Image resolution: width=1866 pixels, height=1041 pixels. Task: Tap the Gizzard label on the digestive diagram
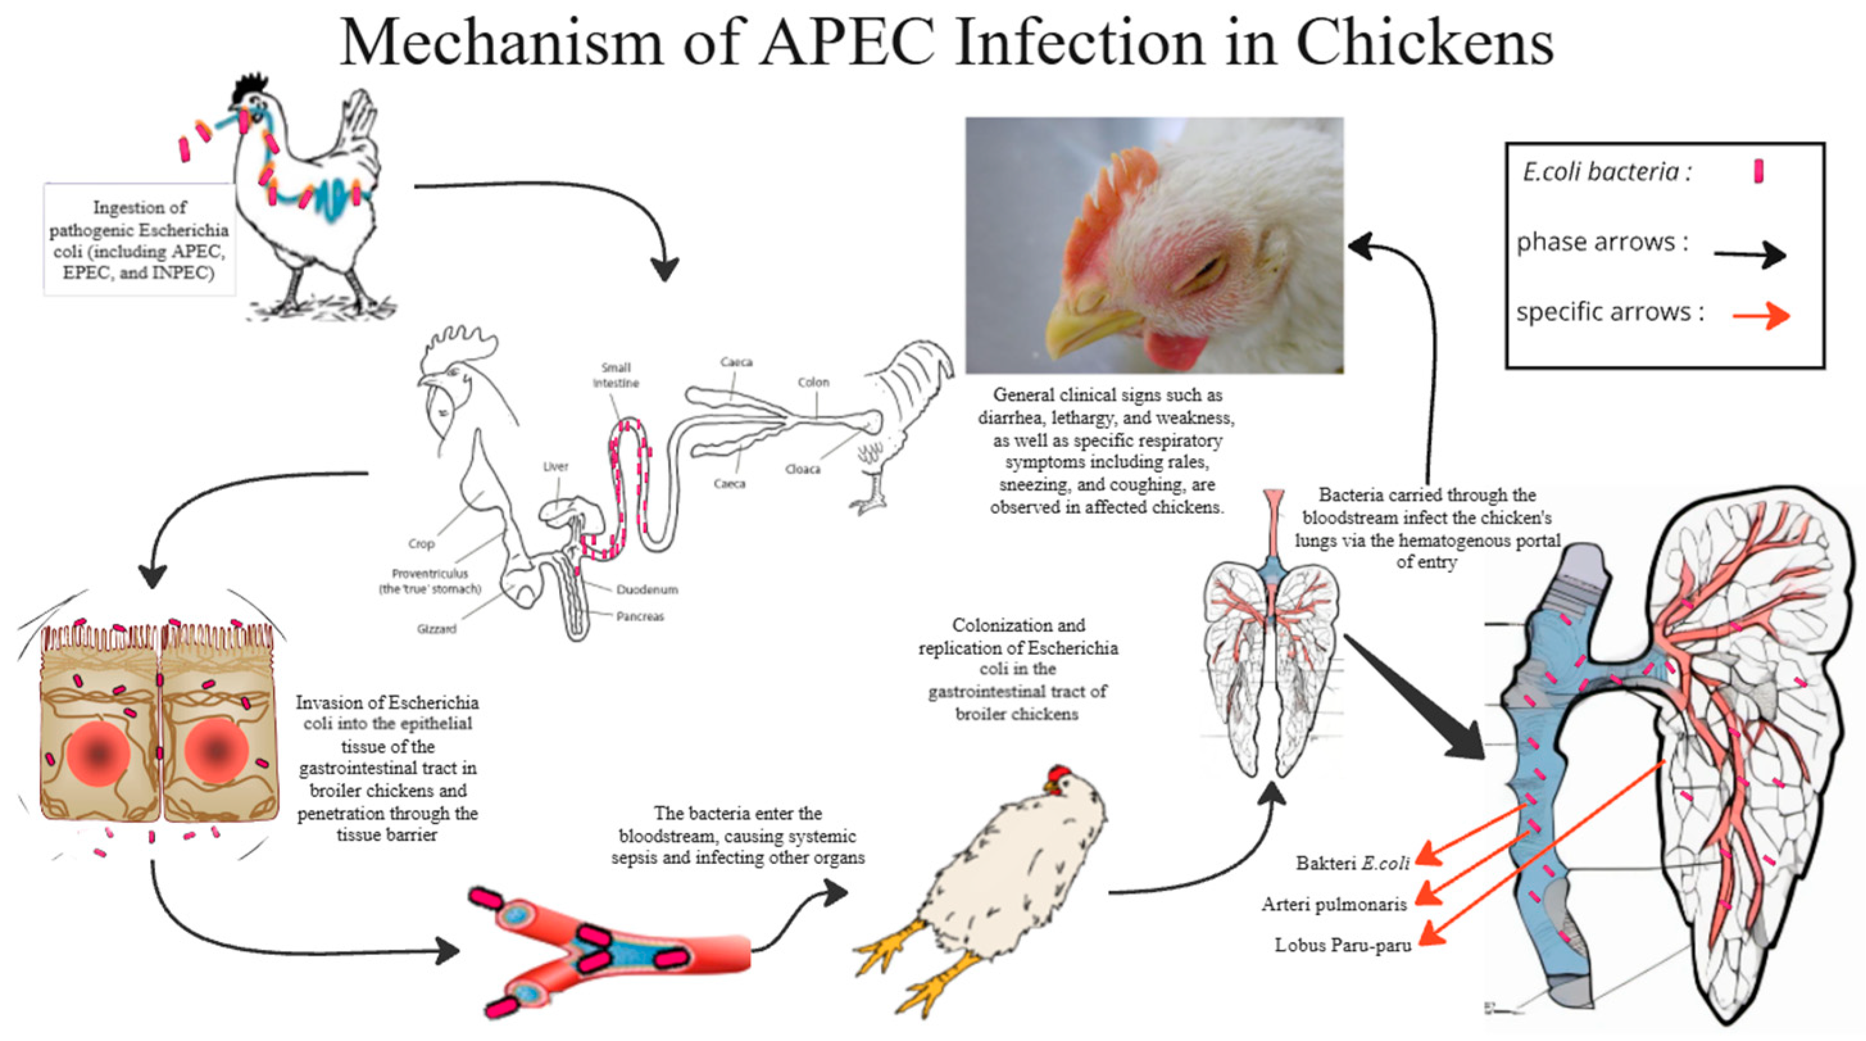point(436,629)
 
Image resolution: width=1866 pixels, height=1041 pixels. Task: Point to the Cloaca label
point(803,469)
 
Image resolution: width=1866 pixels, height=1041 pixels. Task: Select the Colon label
point(812,382)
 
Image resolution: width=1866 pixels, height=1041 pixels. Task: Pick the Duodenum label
point(647,589)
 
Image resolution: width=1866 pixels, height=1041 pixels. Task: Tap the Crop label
point(421,543)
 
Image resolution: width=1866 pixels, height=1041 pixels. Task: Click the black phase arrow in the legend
point(1749,255)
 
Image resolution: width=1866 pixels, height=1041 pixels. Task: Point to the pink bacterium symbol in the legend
point(1758,172)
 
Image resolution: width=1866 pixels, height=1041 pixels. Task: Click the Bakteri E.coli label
point(1352,863)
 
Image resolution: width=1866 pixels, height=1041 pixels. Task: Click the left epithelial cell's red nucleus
point(99,754)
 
